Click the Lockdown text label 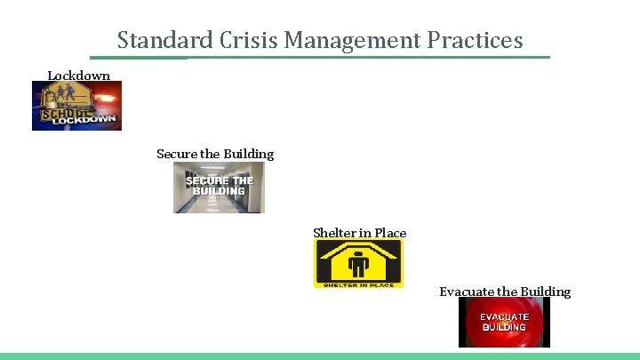78,76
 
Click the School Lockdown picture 77,107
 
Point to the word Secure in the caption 176,154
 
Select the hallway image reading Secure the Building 219,188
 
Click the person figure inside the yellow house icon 357,266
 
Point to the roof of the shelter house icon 357,248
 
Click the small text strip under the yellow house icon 357,284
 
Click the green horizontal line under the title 320,58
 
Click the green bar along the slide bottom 320,356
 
